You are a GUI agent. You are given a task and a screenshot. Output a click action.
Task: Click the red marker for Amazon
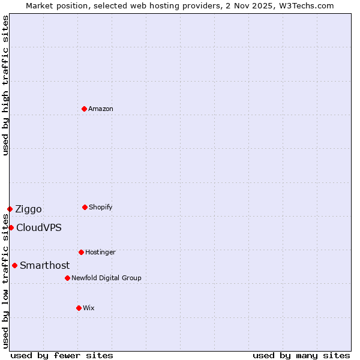[x=84, y=109]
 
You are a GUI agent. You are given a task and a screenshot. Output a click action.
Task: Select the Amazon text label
[x=101, y=109]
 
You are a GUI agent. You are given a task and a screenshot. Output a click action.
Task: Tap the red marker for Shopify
[x=85, y=207]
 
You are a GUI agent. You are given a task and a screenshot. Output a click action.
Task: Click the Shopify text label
[x=101, y=207]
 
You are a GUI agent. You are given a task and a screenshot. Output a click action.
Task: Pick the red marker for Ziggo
[x=10, y=209]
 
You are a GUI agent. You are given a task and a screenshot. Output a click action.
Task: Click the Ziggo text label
[x=28, y=209]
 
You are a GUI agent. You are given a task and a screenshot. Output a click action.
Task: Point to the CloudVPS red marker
[x=11, y=227]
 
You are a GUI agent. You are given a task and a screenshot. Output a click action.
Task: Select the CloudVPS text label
[x=38, y=227]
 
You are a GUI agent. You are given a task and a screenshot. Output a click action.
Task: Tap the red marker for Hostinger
[x=81, y=252]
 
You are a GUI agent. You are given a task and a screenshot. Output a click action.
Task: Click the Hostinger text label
[x=100, y=252]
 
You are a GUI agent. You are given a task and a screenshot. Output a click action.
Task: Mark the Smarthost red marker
[x=14, y=265]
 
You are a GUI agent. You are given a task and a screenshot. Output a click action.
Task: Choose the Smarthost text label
[x=44, y=265]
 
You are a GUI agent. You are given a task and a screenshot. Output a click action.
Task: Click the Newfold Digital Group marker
[x=67, y=278]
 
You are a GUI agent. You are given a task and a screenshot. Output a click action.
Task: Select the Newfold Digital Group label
[x=106, y=278]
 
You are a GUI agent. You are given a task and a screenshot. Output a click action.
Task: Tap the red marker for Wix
[x=79, y=308]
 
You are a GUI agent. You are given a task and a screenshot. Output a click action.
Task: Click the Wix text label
[x=89, y=308]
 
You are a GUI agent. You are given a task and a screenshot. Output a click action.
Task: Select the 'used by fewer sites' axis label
[x=62, y=355]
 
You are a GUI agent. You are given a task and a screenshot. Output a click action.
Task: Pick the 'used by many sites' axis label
[x=301, y=355]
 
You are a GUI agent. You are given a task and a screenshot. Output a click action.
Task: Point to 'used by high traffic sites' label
[x=5, y=85]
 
